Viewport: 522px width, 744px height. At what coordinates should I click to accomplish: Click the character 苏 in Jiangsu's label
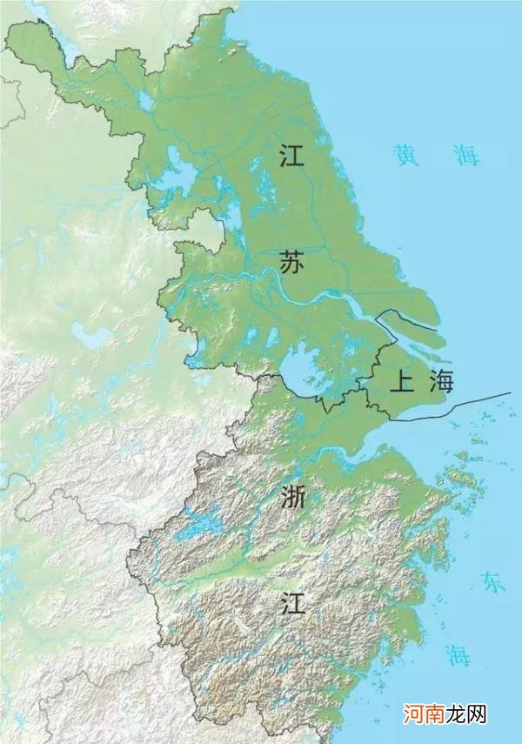coord(291,261)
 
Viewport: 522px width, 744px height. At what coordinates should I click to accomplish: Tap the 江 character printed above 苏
coord(291,156)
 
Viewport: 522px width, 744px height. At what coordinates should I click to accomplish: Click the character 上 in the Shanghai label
coord(401,382)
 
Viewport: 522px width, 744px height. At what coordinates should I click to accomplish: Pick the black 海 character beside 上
coord(441,382)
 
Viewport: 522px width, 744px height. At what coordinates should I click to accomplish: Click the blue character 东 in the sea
coord(494,583)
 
